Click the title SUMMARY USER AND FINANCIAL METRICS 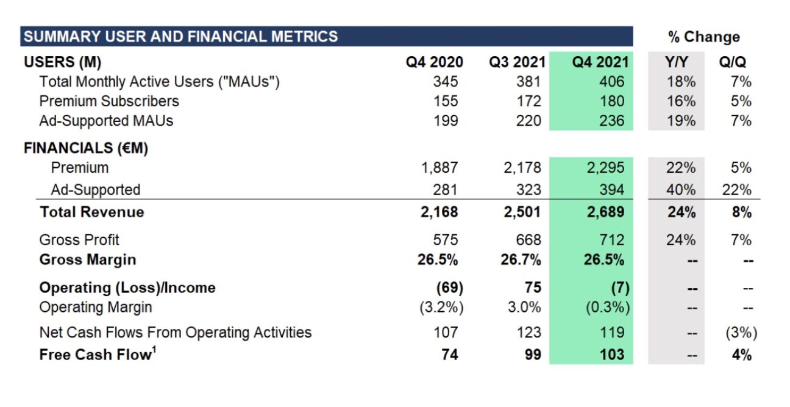coord(180,37)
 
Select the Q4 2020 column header coord(435,62)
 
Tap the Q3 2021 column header coord(514,62)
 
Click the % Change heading coord(704,37)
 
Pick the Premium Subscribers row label coord(109,101)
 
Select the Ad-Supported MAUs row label coord(106,121)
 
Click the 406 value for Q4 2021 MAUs coord(611,82)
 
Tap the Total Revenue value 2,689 coord(606,212)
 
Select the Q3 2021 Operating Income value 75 coord(532,287)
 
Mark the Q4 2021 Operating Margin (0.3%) coord(607,308)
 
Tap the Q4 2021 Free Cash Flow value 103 coord(611,355)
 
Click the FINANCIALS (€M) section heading coord(86,148)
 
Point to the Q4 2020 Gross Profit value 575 coord(445,240)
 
